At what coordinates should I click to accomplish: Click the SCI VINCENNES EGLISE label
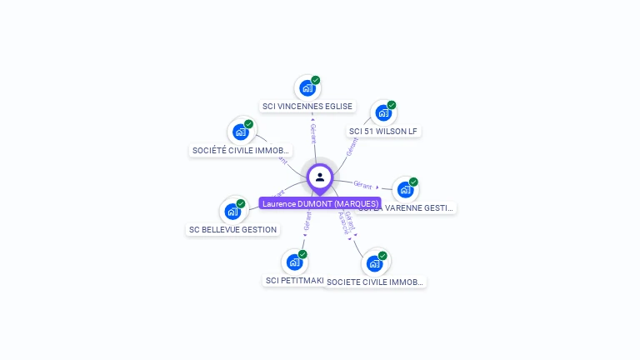coord(307,107)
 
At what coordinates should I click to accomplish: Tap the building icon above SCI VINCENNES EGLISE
coord(307,87)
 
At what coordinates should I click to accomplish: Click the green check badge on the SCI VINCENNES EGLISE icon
coord(316,80)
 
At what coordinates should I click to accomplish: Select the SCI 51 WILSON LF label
coord(383,131)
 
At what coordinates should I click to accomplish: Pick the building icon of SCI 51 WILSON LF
coord(382,112)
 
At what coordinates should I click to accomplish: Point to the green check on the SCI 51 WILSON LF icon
coord(392,105)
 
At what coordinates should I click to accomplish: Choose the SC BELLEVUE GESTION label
coord(233,229)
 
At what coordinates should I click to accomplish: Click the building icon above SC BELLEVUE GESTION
coord(232,211)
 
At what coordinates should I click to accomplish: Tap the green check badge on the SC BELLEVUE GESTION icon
coord(241,203)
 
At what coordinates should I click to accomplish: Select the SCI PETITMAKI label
coord(294,281)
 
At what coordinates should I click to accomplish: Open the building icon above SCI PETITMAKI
coord(293,262)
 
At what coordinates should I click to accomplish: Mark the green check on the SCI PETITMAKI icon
coord(302,254)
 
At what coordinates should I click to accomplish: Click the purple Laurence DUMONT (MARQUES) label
coord(320,203)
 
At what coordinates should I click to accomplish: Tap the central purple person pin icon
coord(320,177)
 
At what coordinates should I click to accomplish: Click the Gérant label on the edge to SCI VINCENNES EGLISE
coord(312,133)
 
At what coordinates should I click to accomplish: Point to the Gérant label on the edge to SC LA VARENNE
coord(362,184)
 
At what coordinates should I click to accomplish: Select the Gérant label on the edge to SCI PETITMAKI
coord(307,220)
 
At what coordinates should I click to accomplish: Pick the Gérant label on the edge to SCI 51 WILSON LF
coord(352,147)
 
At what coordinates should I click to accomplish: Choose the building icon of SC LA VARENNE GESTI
coord(405,189)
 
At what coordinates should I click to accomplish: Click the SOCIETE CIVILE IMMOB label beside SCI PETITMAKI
coord(375,282)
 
